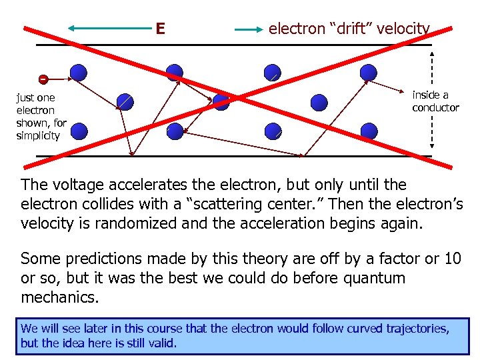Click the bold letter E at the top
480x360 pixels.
click(160, 29)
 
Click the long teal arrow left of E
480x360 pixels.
click(109, 29)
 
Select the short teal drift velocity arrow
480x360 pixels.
click(249, 29)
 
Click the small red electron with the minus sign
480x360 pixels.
click(43, 79)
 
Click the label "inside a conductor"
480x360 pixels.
click(435, 101)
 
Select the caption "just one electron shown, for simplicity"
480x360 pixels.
click(41, 117)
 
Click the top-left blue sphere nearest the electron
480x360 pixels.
click(79, 73)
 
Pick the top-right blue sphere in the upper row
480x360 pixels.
click(368, 73)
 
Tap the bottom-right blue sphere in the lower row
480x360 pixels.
click(368, 131)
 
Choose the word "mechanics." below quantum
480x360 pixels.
click(60, 297)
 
